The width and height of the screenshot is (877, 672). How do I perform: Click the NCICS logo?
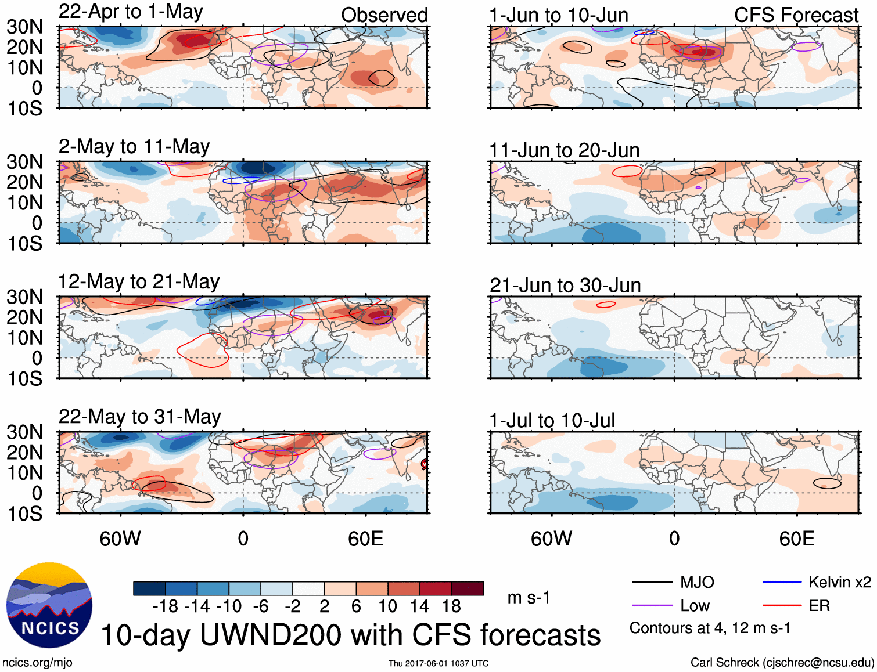pyautogui.click(x=49, y=605)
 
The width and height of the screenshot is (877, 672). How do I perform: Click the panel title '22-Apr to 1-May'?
pyautogui.click(x=131, y=12)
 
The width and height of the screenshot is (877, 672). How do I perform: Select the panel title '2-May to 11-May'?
pyautogui.click(x=134, y=147)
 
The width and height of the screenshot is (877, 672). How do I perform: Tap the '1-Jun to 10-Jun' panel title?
pyautogui.click(x=559, y=15)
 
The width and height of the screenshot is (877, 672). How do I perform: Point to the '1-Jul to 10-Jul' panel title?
pyautogui.click(x=552, y=420)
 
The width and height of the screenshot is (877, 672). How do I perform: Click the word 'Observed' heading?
pyautogui.click(x=384, y=15)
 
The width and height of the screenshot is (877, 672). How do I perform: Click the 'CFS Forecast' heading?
pyautogui.click(x=796, y=15)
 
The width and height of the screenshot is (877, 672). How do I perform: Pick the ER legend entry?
pyautogui.click(x=819, y=606)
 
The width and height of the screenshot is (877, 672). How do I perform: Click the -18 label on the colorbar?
pyautogui.click(x=166, y=606)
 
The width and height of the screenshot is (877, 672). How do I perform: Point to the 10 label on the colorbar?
pyautogui.click(x=387, y=606)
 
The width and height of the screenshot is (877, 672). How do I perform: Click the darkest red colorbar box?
pyautogui.click(x=468, y=588)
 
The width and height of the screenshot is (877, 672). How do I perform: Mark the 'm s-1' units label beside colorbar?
pyautogui.click(x=529, y=597)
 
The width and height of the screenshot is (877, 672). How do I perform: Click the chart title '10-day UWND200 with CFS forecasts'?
pyautogui.click(x=351, y=635)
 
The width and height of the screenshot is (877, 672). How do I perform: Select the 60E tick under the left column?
pyautogui.click(x=365, y=539)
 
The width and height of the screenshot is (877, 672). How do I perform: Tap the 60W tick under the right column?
pyautogui.click(x=551, y=539)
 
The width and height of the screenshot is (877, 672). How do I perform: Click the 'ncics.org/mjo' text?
pyautogui.click(x=37, y=663)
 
